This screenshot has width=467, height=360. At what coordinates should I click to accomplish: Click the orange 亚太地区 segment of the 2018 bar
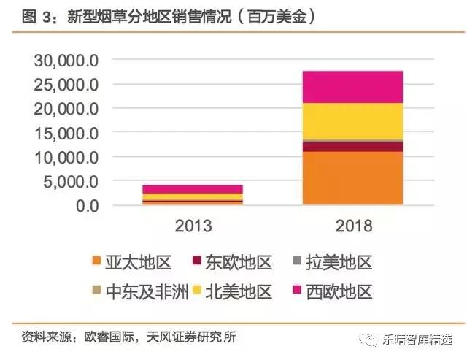coord(352,178)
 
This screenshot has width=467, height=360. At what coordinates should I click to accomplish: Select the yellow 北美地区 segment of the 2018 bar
coord(352,120)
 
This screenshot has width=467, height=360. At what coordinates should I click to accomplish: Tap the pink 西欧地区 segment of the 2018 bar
coord(352,87)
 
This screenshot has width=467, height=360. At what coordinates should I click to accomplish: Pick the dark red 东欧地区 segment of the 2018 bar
coord(352,147)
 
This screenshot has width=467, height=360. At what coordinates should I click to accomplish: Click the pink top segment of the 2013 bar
coord(193,189)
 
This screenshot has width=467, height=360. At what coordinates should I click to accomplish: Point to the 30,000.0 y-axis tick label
coord(66,60)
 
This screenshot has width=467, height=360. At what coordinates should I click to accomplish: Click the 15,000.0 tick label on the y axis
coord(66,133)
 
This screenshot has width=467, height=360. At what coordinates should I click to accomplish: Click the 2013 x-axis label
coord(193,226)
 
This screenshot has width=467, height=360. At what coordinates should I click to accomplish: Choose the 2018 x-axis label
coord(352,226)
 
